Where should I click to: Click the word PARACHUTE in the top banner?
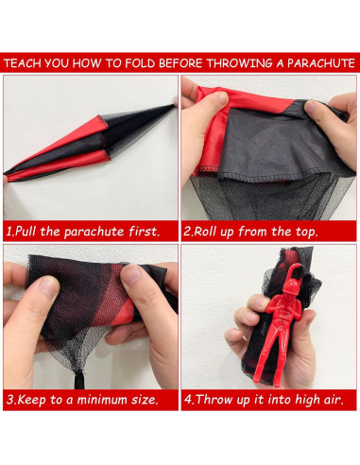(x=321, y=63)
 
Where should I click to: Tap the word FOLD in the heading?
(x=140, y=63)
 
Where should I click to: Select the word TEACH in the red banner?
(x=23, y=63)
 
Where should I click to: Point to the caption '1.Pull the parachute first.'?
(x=83, y=232)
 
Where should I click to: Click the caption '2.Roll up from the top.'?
(x=250, y=232)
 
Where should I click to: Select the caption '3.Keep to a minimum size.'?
(x=82, y=400)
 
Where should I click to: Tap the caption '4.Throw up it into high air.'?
(x=264, y=400)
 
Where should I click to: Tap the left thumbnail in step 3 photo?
(x=48, y=285)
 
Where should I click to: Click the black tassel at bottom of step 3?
(x=79, y=379)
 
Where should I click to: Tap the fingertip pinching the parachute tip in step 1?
(x=176, y=102)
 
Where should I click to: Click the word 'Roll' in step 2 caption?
(x=205, y=232)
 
